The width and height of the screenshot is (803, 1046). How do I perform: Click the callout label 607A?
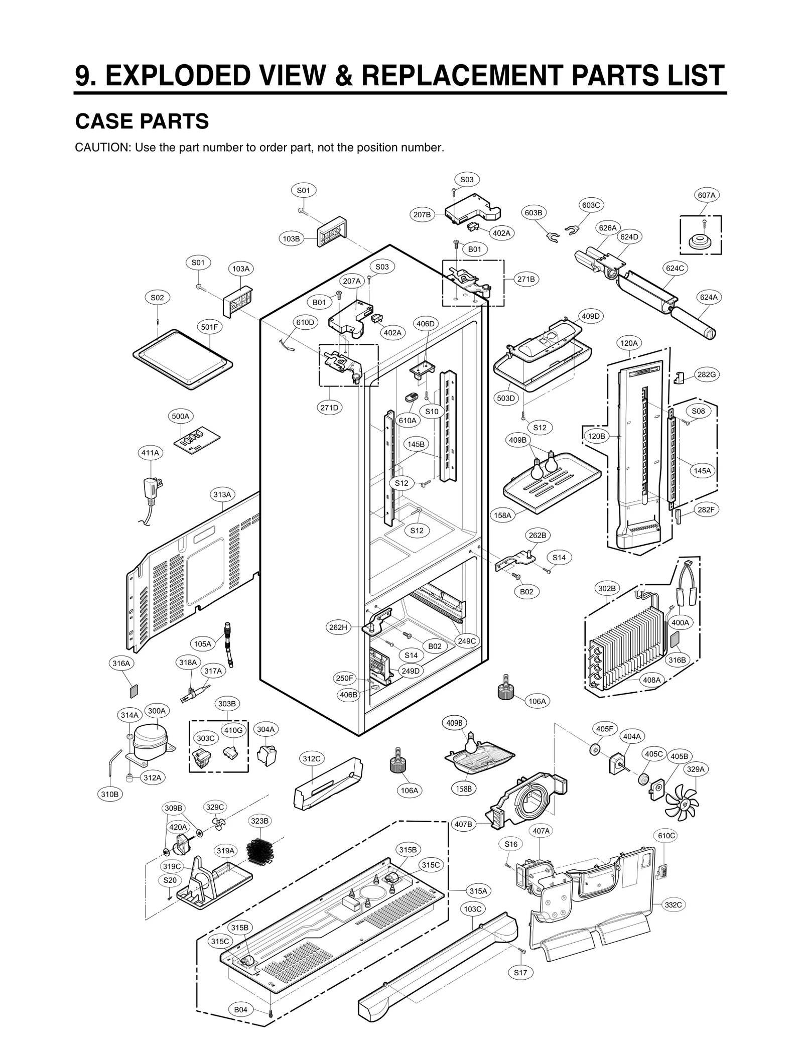(x=706, y=195)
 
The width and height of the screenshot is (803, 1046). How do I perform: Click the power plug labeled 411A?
(x=152, y=487)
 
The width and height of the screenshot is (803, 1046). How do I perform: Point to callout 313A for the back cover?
(x=222, y=494)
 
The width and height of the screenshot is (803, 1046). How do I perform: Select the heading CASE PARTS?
(x=142, y=121)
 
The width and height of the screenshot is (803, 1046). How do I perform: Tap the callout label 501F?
(x=209, y=327)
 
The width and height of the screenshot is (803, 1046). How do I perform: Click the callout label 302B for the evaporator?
(x=606, y=588)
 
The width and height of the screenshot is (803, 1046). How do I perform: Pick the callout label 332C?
(x=673, y=904)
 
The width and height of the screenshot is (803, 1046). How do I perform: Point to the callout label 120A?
(x=629, y=343)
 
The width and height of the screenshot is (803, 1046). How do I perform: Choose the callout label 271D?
(x=329, y=408)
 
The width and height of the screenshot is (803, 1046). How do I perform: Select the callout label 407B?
(x=463, y=824)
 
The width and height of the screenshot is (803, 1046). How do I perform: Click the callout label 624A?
(x=709, y=297)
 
